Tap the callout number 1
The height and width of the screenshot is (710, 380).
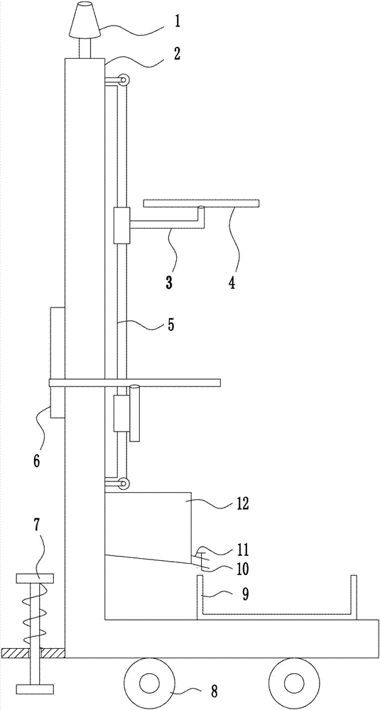[x=177, y=22]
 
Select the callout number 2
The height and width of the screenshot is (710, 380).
[x=177, y=53]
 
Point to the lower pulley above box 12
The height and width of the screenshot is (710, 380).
[x=123, y=484]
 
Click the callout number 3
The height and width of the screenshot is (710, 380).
[x=168, y=283]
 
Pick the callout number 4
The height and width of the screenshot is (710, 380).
[x=232, y=283]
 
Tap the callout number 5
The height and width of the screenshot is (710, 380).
[x=170, y=324]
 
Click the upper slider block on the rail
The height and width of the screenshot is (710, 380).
[x=121, y=226]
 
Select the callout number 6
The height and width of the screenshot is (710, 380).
[x=36, y=461]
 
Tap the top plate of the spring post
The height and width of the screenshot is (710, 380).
[x=35, y=578]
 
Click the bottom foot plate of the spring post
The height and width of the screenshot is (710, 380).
[x=35, y=689]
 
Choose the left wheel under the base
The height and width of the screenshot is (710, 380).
[x=148, y=682]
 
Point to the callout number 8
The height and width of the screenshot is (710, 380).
[x=214, y=692]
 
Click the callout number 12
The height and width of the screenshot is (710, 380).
[x=243, y=503]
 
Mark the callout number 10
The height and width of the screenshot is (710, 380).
[x=242, y=568]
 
